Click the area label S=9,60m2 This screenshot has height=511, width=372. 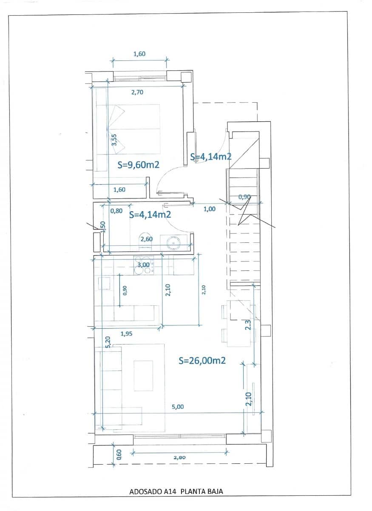[138, 165]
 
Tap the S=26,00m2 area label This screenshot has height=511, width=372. [202, 361]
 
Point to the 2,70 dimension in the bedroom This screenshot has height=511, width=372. [137, 92]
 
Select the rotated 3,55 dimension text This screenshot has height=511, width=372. [114, 140]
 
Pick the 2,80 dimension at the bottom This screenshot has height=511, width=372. [180, 457]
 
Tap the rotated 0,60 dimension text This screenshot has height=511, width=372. [119, 455]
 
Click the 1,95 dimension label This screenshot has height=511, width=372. [126, 334]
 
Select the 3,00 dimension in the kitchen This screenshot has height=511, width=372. [144, 265]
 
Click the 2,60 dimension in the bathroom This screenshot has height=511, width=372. [146, 239]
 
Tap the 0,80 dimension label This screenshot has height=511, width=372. [116, 210]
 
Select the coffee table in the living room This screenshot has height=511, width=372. [143, 375]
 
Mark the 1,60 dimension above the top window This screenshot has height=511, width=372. [139, 54]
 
